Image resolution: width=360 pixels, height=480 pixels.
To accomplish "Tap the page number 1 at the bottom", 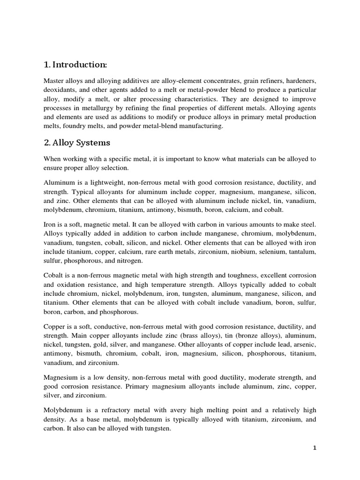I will coord(315,448).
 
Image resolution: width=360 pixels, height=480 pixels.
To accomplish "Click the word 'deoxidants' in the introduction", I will coord(60,90).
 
